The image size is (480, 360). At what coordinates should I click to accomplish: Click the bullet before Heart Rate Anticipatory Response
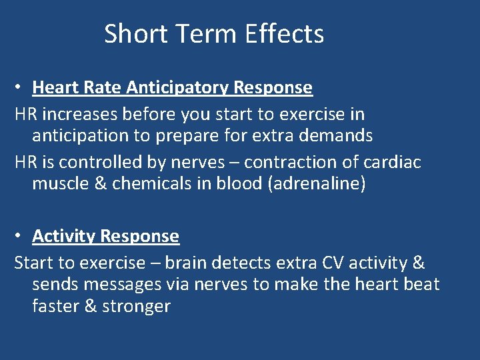coord(21,87)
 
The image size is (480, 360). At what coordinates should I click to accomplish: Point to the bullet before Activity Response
coord(21,236)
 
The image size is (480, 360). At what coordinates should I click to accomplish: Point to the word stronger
coord(137,307)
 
